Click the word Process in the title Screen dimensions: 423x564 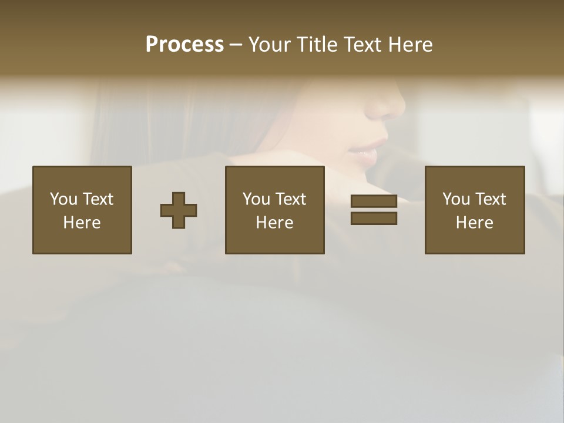[184, 45]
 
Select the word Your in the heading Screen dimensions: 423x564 [270, 45]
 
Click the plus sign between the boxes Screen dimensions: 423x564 [179, 210]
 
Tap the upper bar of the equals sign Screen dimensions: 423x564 [374, 201]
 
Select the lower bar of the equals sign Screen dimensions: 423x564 [374, 219]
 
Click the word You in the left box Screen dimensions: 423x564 [63, 199]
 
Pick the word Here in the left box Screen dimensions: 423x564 [82, 223]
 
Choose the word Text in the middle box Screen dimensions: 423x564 [291, 199]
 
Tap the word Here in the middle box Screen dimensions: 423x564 [274, 223]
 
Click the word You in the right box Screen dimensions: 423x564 [456, 199]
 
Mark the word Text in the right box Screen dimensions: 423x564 [491, 199]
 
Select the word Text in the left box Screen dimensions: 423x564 [98, 199]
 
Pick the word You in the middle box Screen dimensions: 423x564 [256, 199]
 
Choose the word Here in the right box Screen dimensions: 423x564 [474, 223]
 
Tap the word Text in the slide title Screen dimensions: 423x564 [360, 45]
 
